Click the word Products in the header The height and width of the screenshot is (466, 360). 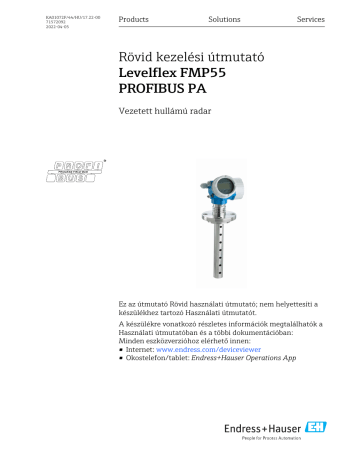[x=133, y=20]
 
